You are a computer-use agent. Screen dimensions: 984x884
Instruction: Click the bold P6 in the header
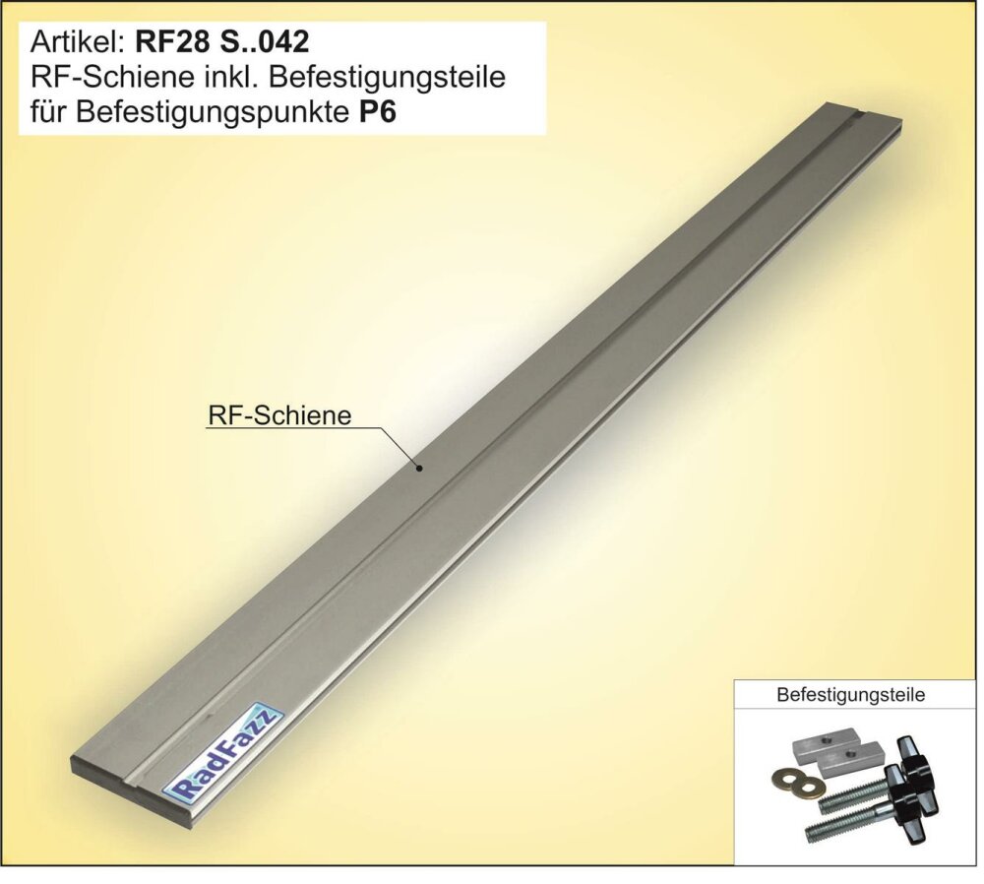tap(378, 113)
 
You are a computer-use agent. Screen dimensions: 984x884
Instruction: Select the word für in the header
tap(49, 113)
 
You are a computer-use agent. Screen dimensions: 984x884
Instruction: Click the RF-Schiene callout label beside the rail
tap(278, 415)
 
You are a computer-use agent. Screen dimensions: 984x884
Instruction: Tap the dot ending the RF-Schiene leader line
tap(420, 468)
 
